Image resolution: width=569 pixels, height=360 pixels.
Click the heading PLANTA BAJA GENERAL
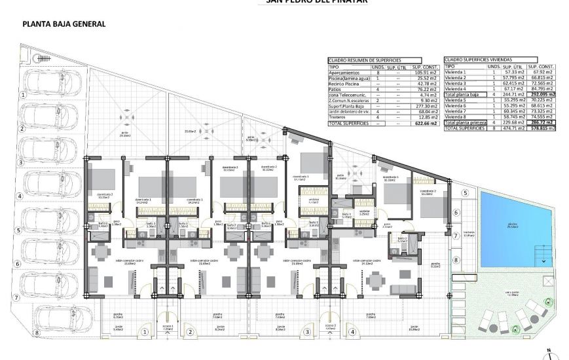64,24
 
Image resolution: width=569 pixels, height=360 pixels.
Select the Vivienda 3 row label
456,84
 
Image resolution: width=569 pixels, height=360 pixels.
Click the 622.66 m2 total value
426,123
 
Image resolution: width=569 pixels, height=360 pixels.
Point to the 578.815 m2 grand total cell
542,128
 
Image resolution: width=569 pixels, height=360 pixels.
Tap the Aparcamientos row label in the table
344,72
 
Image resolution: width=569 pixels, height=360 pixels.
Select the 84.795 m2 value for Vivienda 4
542,90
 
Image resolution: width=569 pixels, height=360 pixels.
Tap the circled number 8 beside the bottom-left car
37,333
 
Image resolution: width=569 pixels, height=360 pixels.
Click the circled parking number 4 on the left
20,196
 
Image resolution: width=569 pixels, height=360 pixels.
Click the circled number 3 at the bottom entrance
307,332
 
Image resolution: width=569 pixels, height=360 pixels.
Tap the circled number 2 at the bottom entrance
190,332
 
